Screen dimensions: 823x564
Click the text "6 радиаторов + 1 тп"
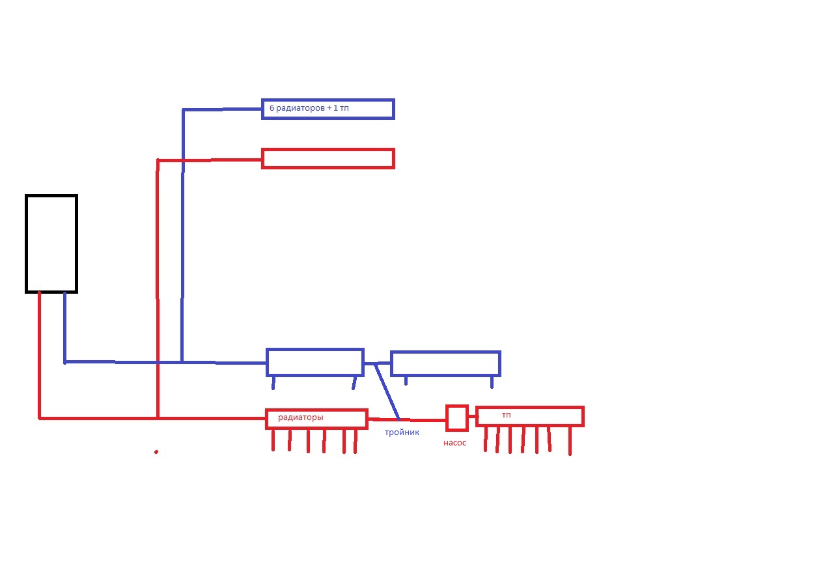[x=309, y=108]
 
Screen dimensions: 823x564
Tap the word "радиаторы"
[x=301, y=417]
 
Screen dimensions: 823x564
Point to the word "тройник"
[x=402, y=432]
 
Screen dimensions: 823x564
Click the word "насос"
[x=455, y=443]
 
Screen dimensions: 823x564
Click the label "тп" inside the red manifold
[x=507, y=415]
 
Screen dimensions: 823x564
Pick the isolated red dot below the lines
[x=156, y=452]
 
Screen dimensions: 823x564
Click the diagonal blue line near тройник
[x=387, y=391]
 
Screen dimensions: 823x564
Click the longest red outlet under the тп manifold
[x=570, y=440]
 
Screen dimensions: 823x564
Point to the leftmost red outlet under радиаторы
[x=273, y=440]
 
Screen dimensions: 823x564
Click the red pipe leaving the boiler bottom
[x=39, y=356]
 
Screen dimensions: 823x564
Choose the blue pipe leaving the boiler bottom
[x=64, y=328]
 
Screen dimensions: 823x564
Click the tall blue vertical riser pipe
[x=182, y=235]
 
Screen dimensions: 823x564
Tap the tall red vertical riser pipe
[x=158, y=289]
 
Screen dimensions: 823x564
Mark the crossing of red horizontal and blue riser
[x=183, y=160]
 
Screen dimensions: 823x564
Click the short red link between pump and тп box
[x=472, y=417]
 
